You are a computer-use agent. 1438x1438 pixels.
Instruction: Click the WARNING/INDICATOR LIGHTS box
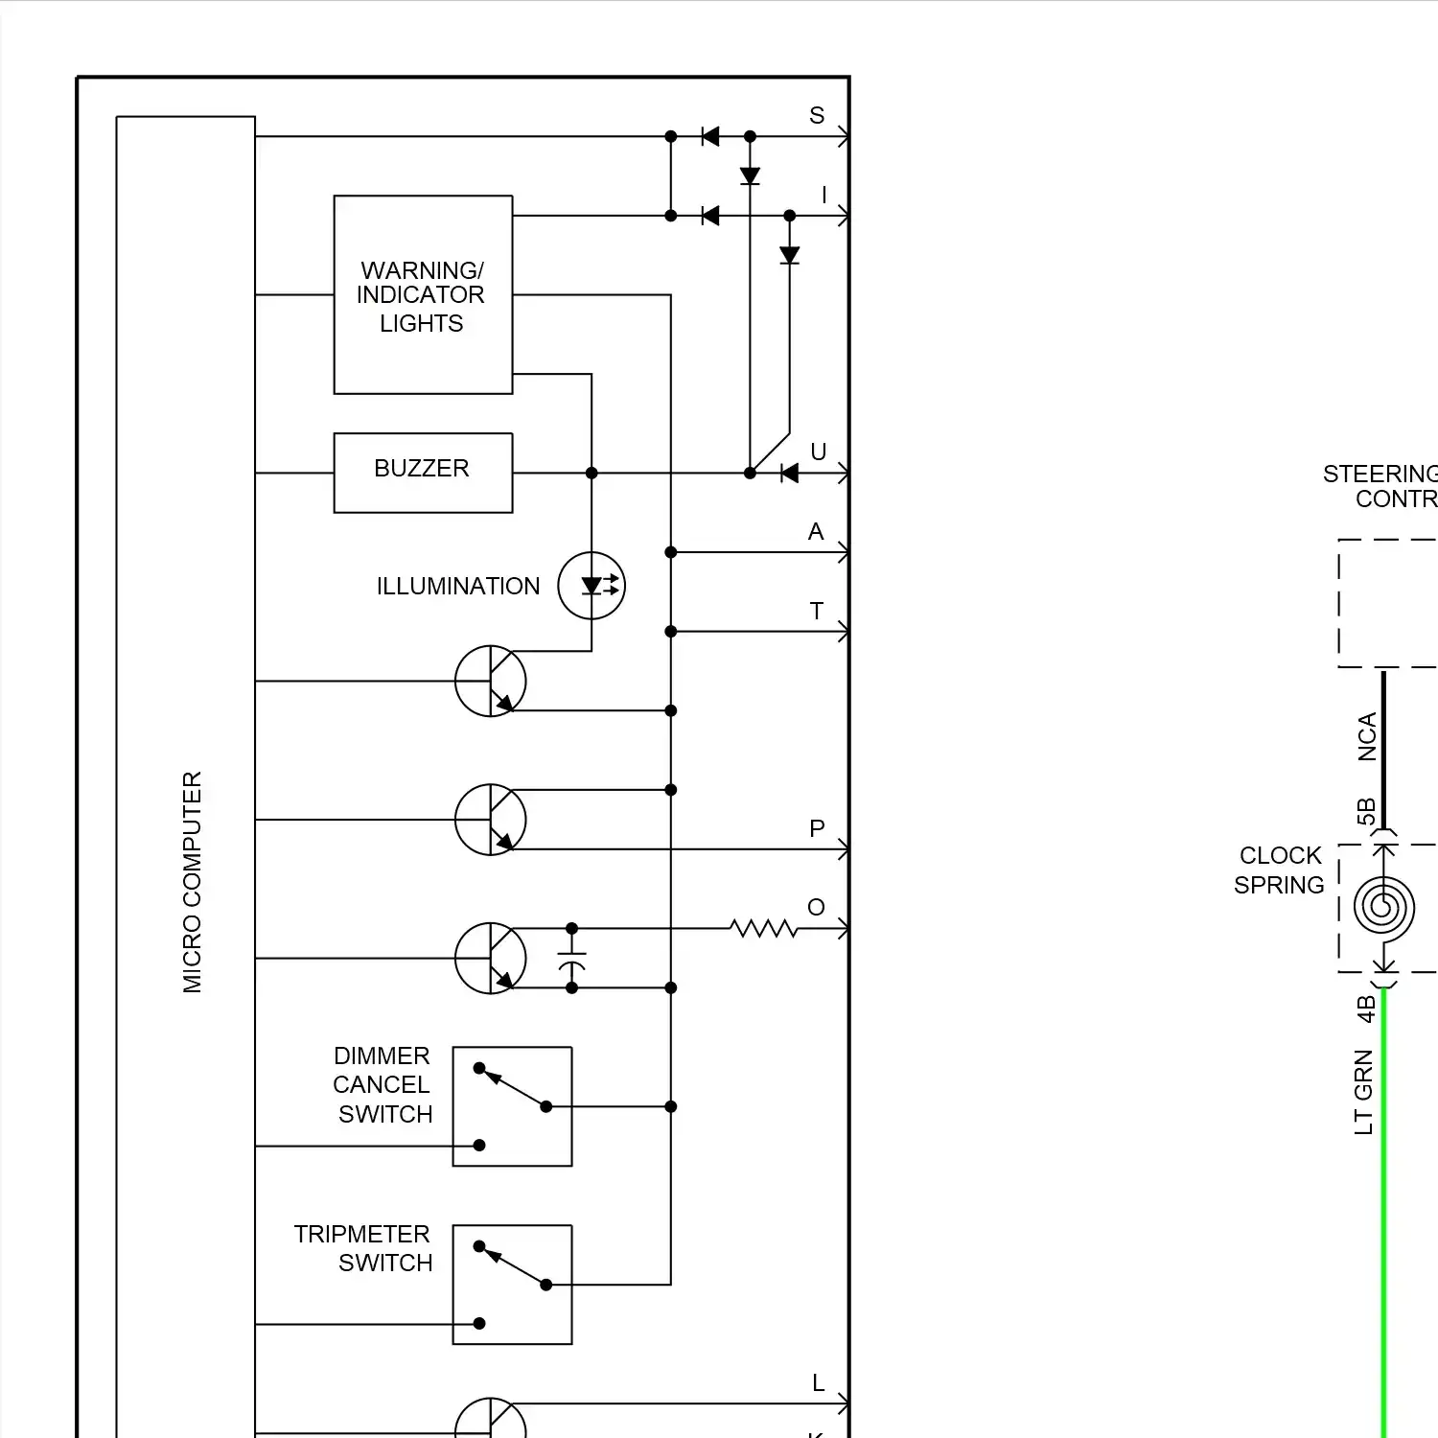coord(423,295)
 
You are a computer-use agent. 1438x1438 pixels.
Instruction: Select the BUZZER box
coord(423,473)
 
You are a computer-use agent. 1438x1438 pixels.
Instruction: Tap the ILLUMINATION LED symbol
coord(591,585)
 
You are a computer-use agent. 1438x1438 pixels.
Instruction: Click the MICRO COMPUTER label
coord(193,882)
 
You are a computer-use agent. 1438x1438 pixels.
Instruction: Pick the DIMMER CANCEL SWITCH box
coord(512,1106)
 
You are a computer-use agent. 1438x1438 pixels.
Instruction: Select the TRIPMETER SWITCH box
coord(512,1285)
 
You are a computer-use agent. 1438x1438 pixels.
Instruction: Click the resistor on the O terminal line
coord(763,928)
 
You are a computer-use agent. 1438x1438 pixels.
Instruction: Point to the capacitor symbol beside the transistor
coord(572,959)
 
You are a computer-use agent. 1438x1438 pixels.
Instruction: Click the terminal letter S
coord(817,116)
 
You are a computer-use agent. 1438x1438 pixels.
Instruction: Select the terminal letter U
coord(819,452)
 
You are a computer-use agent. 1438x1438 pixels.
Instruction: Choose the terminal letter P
coord(817,829)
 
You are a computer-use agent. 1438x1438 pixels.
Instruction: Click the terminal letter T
coord(817,612)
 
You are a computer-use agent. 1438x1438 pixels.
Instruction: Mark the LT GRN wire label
coord(1364,1093)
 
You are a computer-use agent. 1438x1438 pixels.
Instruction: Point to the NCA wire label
coord(1367,736)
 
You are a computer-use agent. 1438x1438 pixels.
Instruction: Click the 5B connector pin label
coord(1366,811)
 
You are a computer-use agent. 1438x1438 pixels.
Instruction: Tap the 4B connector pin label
coord(1366,1009)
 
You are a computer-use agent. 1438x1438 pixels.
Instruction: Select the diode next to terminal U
coord(789,473)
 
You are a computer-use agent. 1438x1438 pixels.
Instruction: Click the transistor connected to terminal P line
coord(491,820)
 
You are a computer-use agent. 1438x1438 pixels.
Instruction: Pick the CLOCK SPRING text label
coord(1280,870)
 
